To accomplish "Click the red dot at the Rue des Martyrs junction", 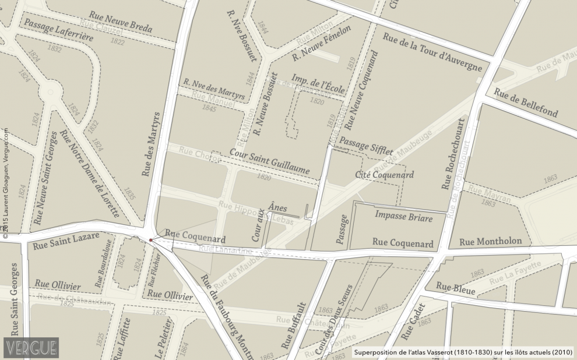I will [x=150, y=239].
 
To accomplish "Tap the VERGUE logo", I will [x=31, y=348].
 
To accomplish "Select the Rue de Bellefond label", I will [x=526, y=103].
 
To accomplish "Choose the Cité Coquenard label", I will [x=384, y=175].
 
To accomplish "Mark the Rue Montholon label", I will [x=494, y=242].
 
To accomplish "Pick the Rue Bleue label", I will [x=455, y=288].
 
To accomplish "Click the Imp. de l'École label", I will [x=315, y=85].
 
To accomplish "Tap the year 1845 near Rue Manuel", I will [x=209, y=108].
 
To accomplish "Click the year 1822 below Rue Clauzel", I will [x=117, y=42].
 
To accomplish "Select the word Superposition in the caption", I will [x=377, y=352].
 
